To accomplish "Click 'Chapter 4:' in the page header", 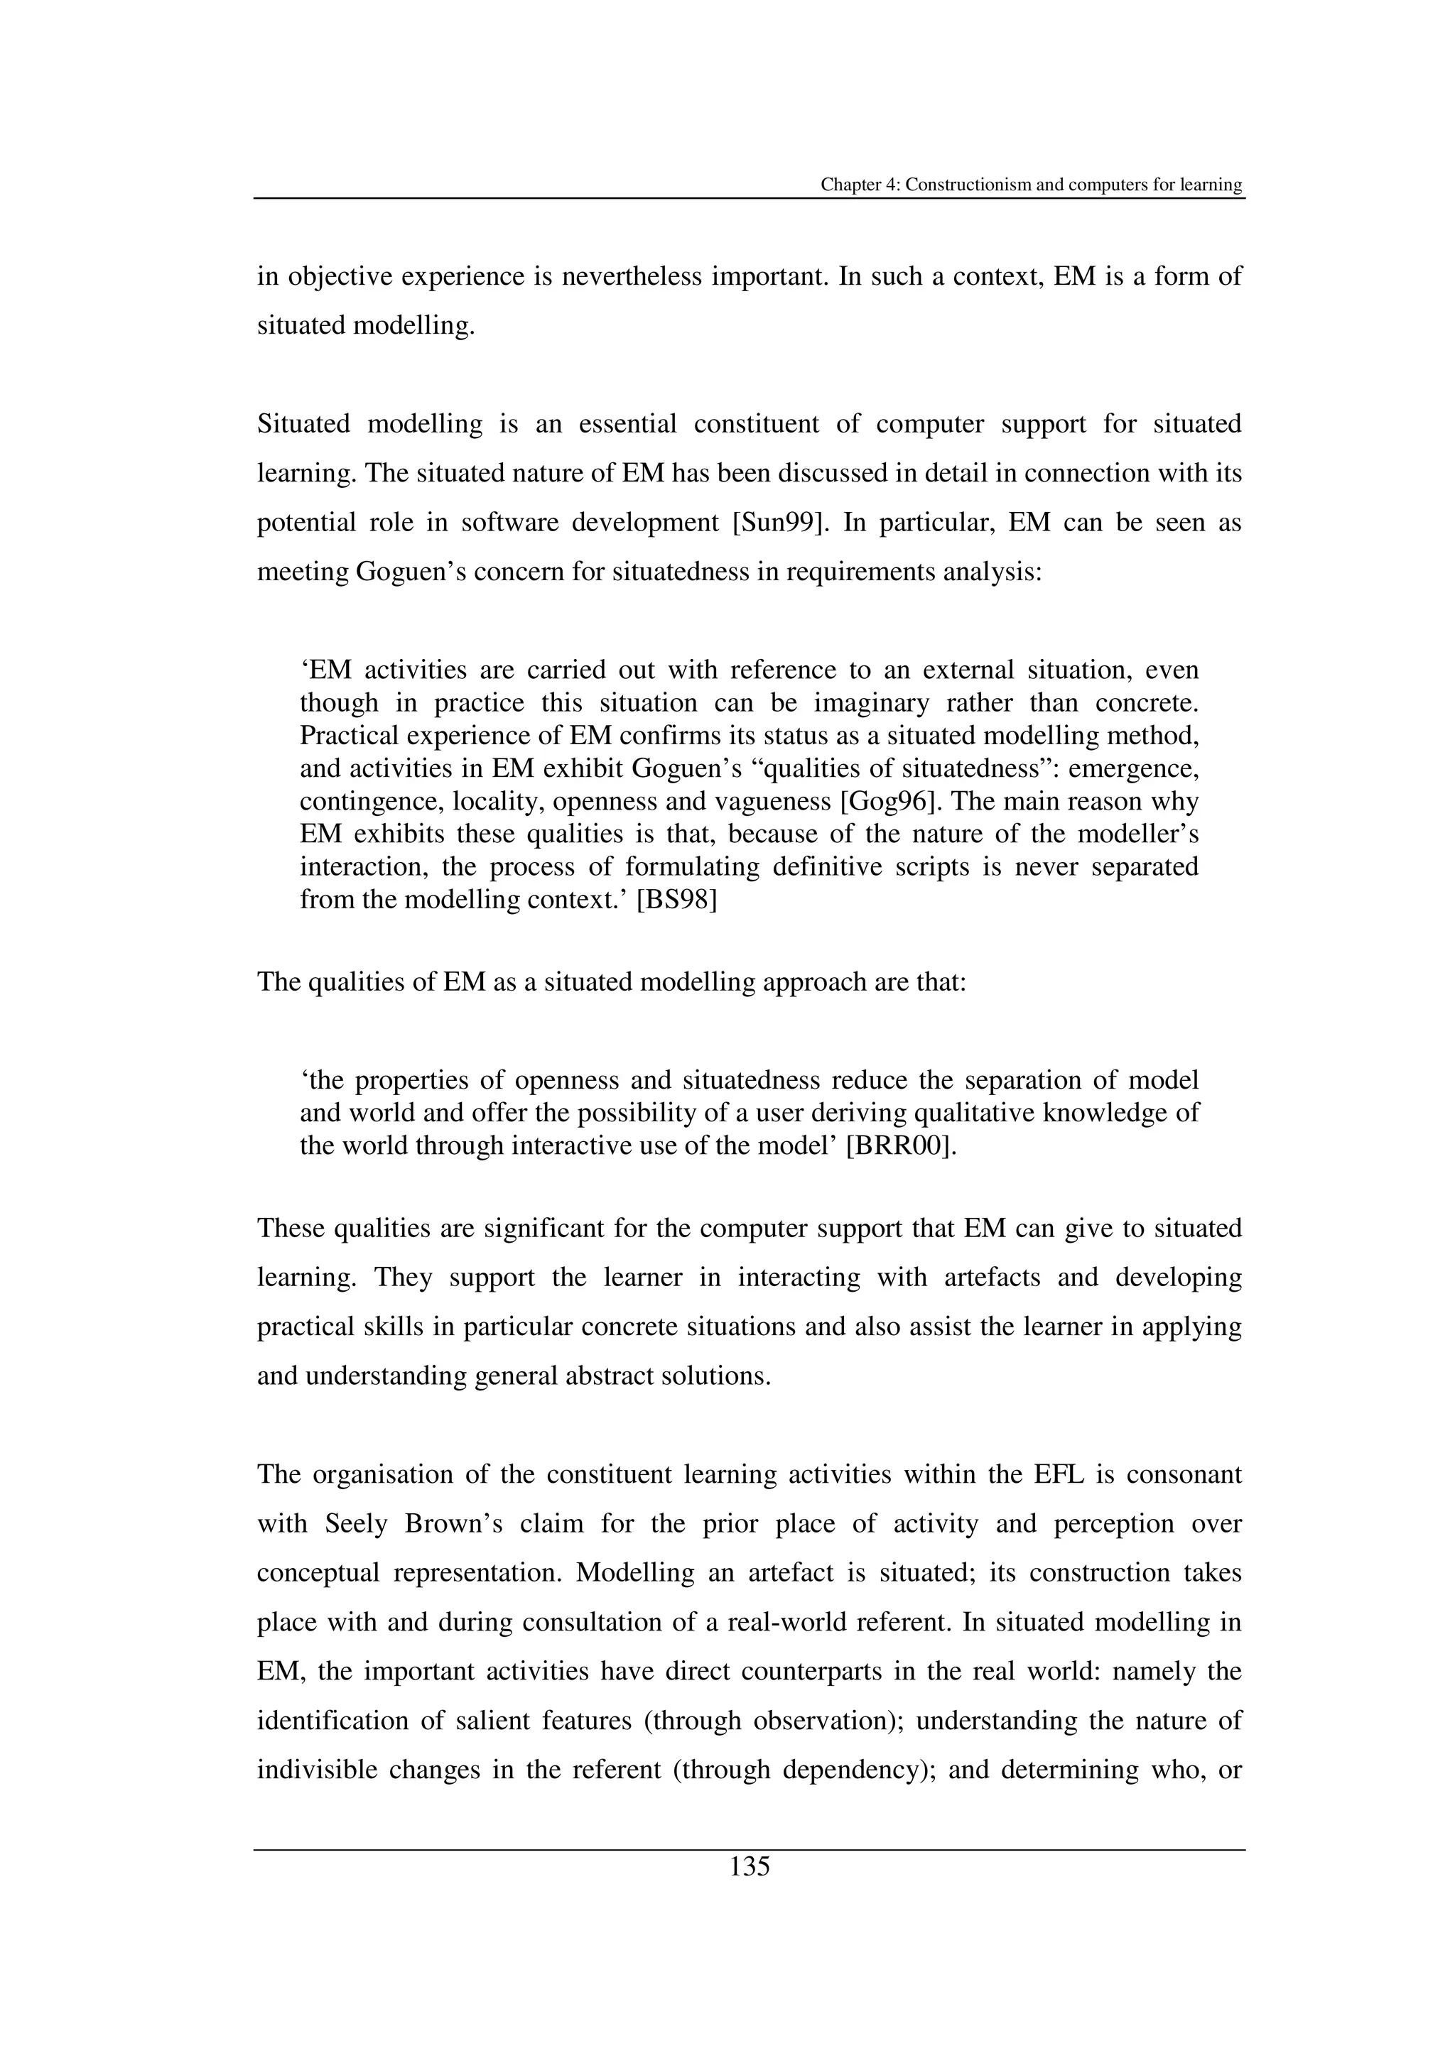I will click(860, 185).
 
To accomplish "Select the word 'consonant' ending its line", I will click(1184, 1474).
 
